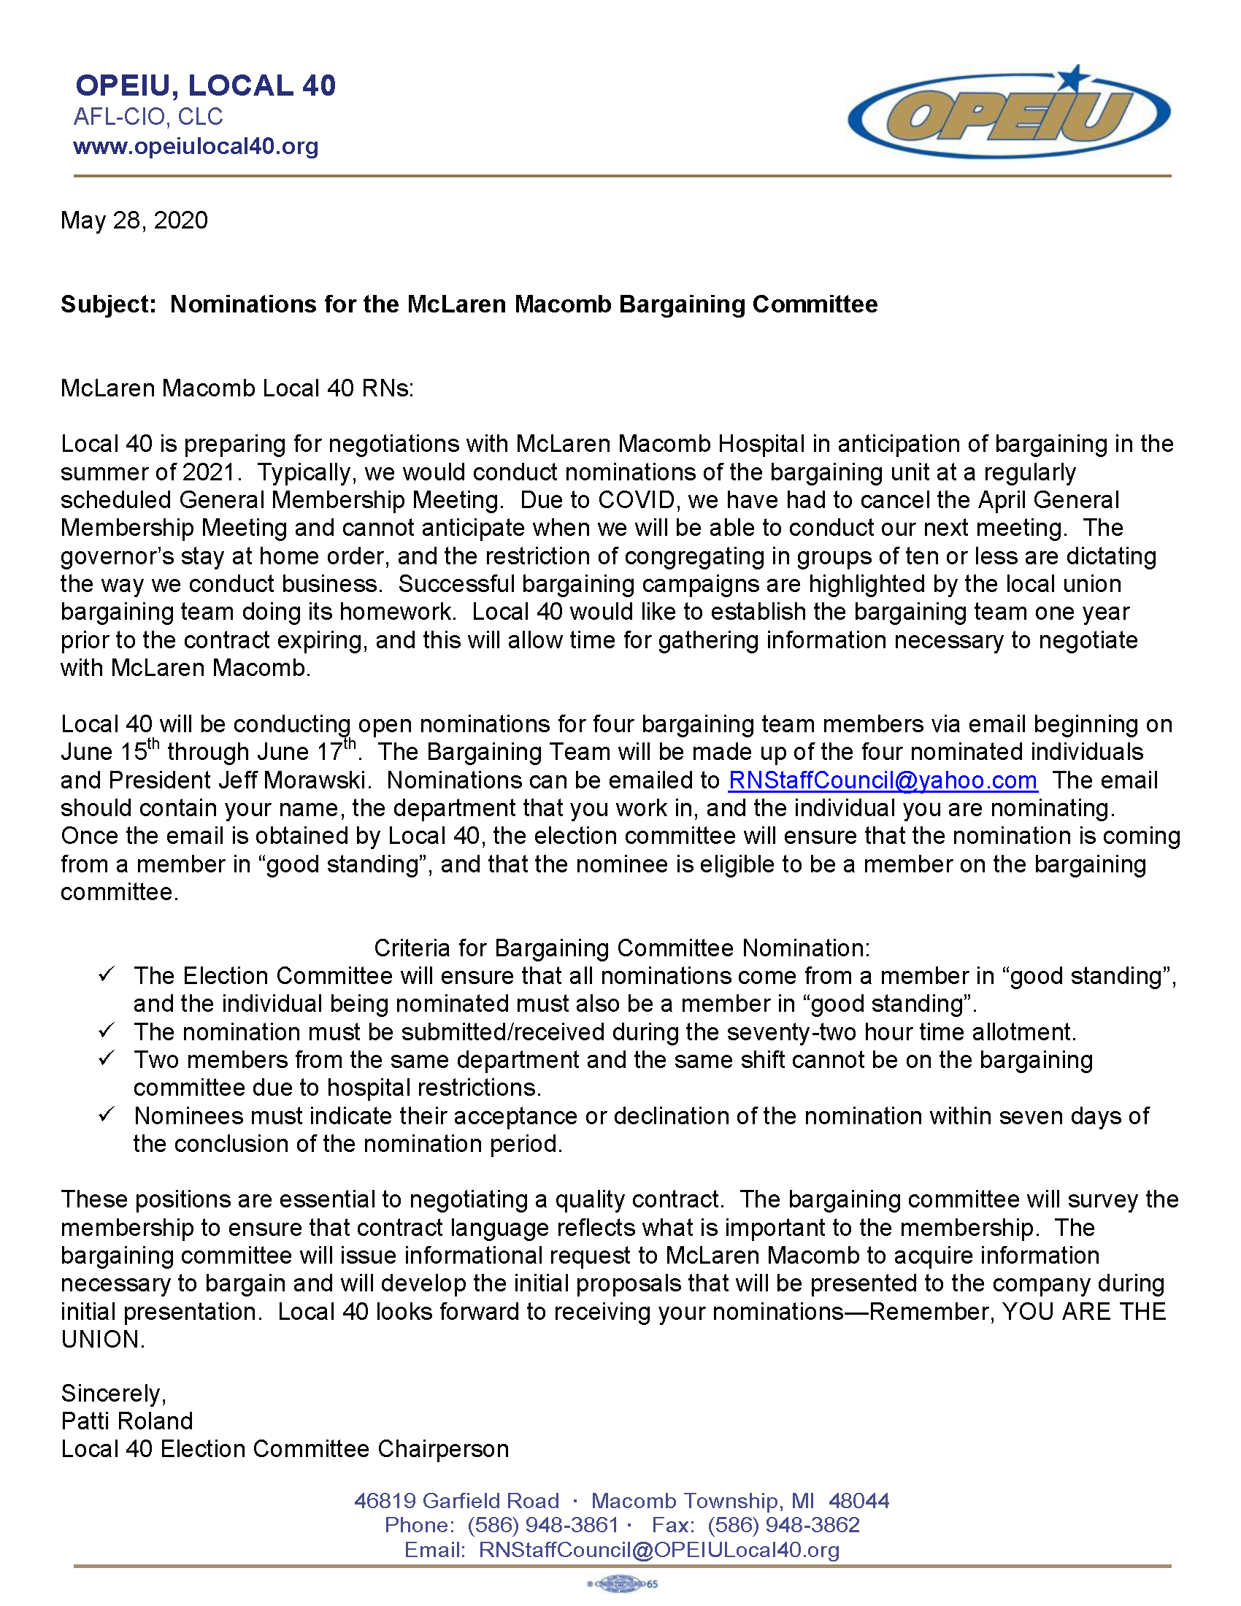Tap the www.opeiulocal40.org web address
pos(196,146)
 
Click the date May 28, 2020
pos(134,220)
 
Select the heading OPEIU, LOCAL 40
pos(205,86)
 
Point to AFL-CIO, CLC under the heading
pos(147,117)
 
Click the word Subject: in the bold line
pos(108,304)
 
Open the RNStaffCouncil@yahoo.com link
pos(883,780)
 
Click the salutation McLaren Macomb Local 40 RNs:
pos(237,388)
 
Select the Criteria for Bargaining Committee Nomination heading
pos(621,948)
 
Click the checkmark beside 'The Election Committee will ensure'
pos(107,975)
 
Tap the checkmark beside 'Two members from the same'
pos(107,1059)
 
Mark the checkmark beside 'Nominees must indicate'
pos(107,1115)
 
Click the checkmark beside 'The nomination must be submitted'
pos(107,1031)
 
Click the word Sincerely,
pos(113,1394)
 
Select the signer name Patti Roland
pos(126,1421)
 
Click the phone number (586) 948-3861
pos(542,1525)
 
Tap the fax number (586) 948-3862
pos(783,1525)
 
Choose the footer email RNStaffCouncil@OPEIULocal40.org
pos(658,1550)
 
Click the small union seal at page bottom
pos(622,1584)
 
